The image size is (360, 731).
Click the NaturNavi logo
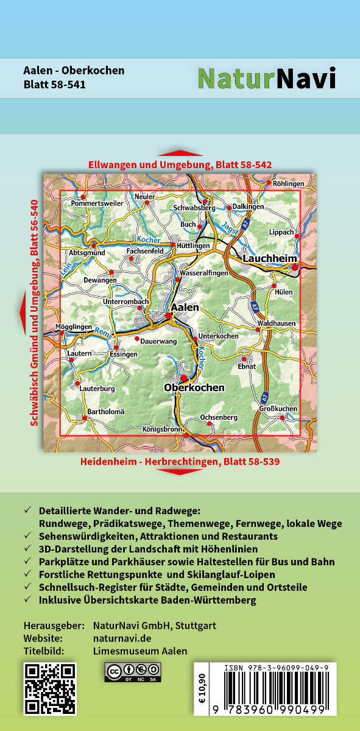tap(266, 78)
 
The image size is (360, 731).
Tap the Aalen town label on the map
tap(185, 308)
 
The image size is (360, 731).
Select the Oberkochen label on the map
tap(194, 387)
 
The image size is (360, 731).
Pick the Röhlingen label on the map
tap(288, 183)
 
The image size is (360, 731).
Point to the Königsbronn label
tap(162, 429)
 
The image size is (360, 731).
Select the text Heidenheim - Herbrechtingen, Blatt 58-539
tap(180, 462)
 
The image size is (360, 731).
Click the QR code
tap(49, 688)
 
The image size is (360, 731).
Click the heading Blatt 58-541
tap(54, 85)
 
